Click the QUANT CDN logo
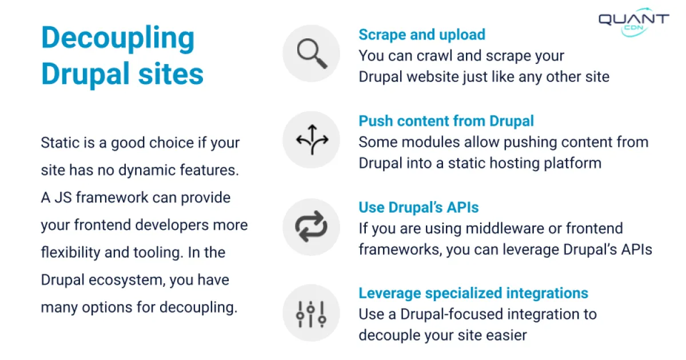pyautogui.click(x=633, y=23)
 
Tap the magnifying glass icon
pyautogui.click(x=312, y=54)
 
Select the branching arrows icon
pyautogui.click(x=312, y=140)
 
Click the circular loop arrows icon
pyautogui.click(x=312, y=227)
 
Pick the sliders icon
pyautogui.click(x=312, y=313)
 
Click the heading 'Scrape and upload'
pyautogui.click(x=422, y=35)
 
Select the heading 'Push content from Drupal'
pyautogui.click(x=446, y=121)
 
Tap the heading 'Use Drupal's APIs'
pyautogui.click(x=418, y=207)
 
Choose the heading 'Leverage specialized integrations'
pyautogui.click(x=473, y=294)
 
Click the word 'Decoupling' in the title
pyautogui.click(x=118, y=38)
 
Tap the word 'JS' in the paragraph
pyautogui.click(x=63, y=198)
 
